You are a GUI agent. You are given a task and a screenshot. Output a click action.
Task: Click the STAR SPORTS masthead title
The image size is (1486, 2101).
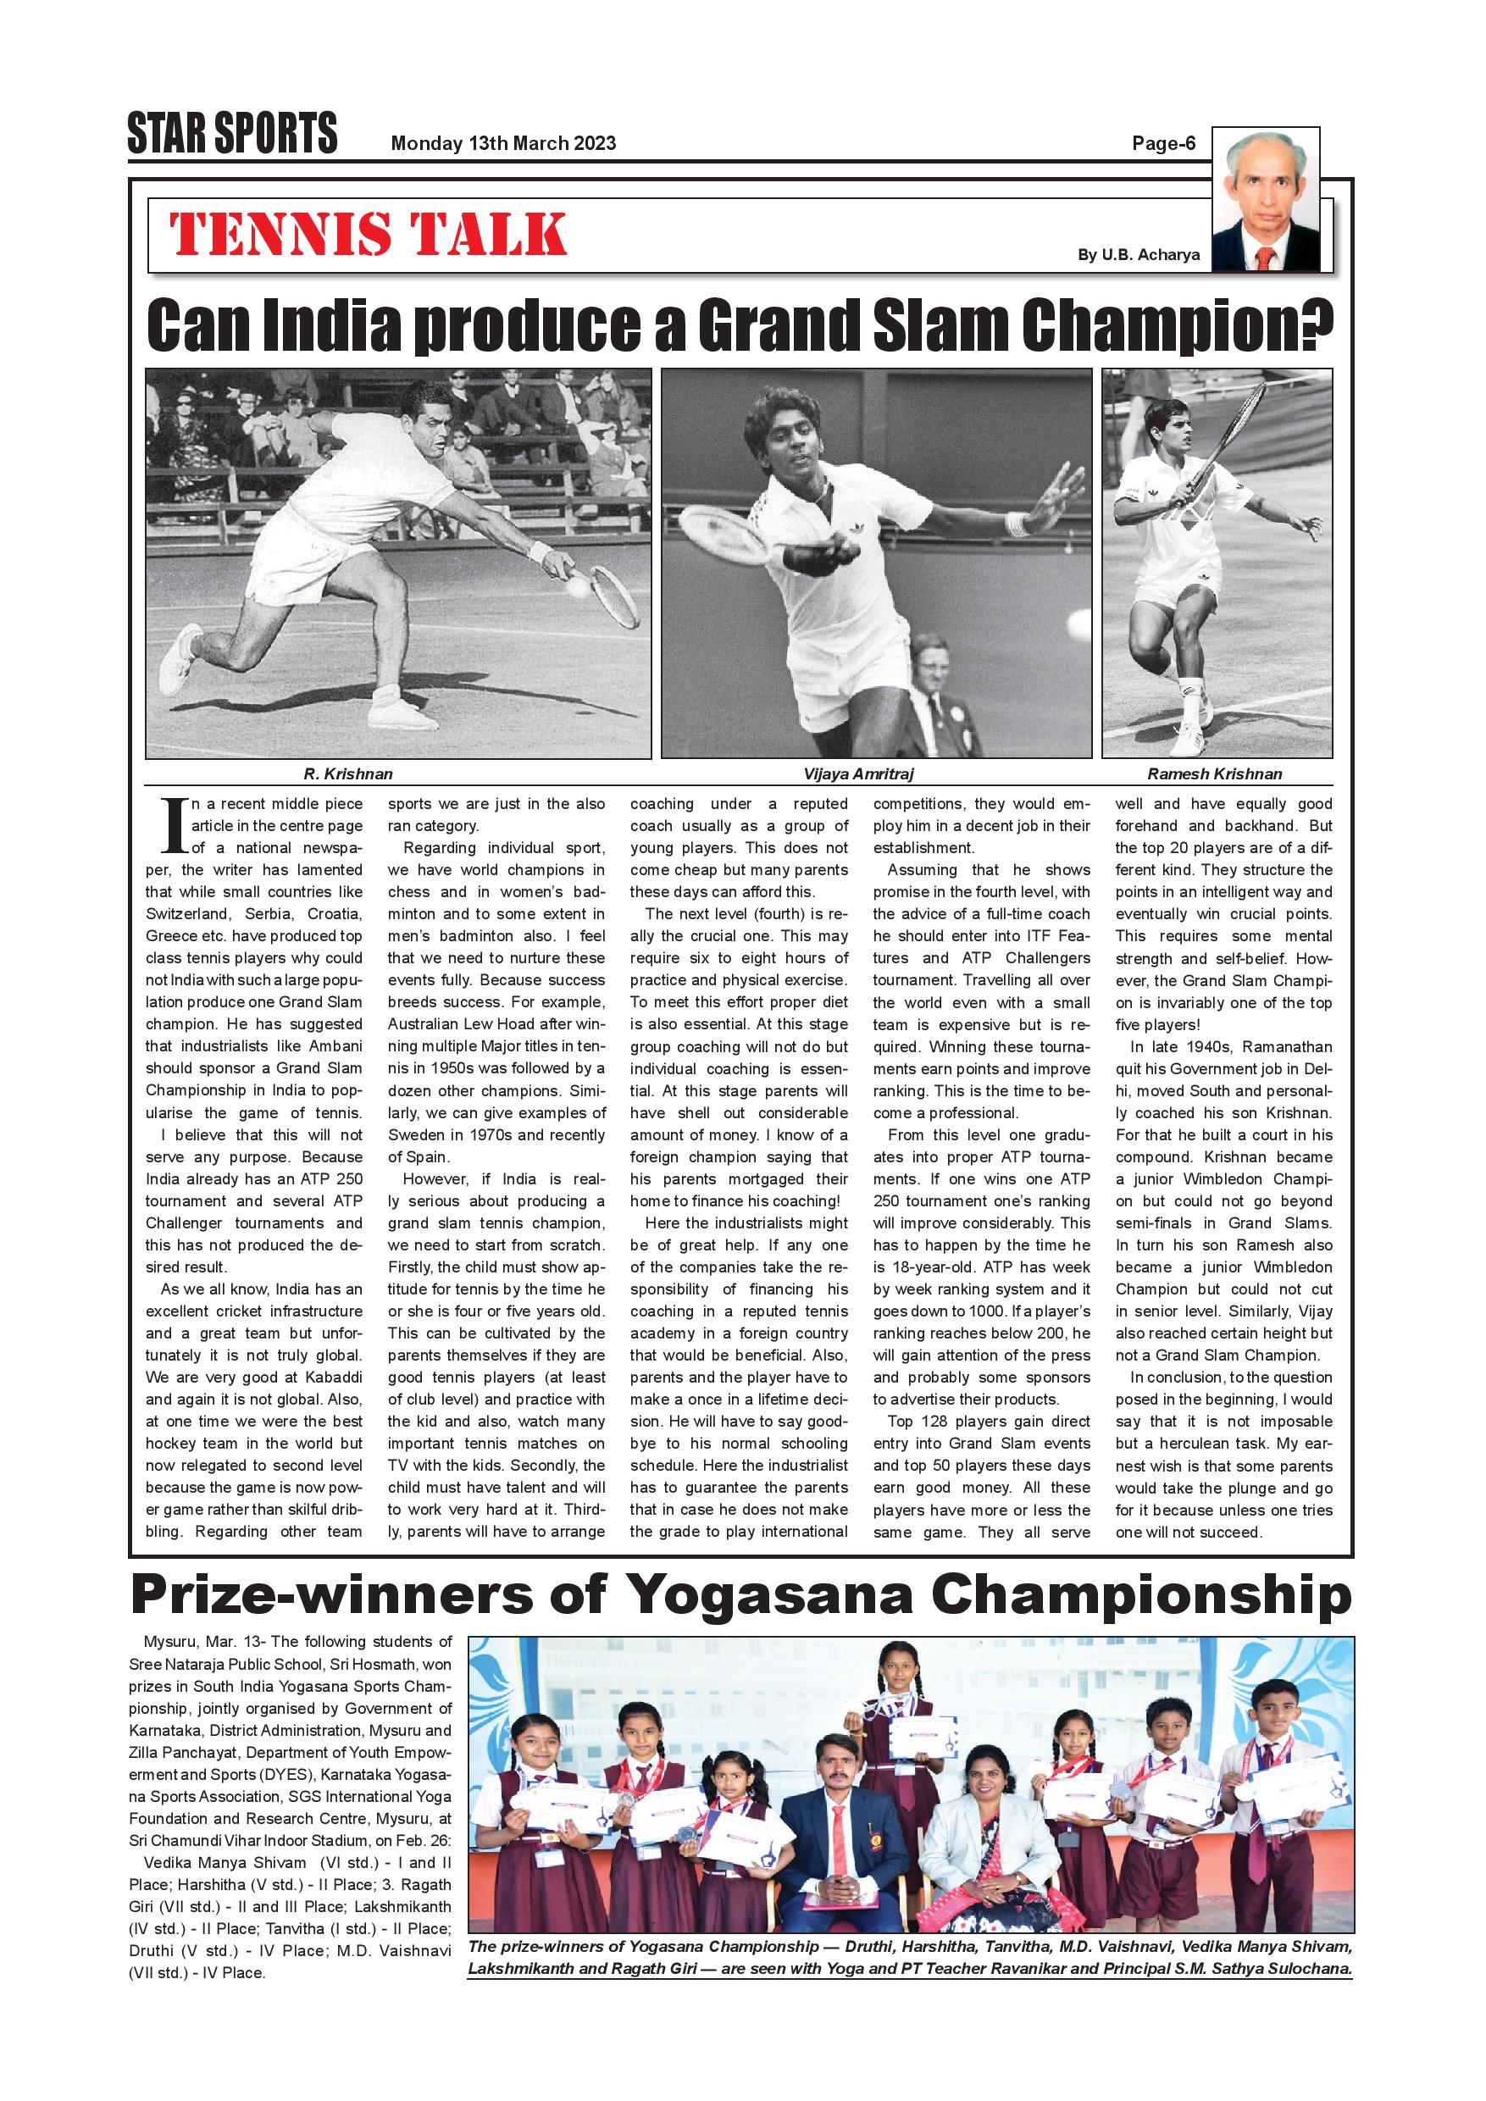(x=232, y=134)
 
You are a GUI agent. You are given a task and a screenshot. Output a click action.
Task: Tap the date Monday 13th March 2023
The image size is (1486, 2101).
(x=503, y=144)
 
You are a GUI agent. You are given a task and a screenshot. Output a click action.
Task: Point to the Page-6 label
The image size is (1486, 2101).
(x=1163, y=144)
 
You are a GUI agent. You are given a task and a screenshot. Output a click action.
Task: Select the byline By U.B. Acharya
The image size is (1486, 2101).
(x=1139, y=255)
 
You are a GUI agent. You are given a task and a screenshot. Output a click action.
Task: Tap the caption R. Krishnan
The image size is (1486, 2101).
(x=347, y=774)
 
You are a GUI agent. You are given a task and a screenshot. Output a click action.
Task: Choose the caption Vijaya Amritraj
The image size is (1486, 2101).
(x=858, y=774)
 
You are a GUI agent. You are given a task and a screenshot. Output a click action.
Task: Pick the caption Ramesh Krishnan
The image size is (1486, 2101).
(x=1214, y=774)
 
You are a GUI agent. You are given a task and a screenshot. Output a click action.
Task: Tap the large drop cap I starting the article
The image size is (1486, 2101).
(x=174, y=826)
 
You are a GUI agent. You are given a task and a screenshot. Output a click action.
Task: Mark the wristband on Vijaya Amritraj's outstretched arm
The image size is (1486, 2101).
(x=1016, y=525)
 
